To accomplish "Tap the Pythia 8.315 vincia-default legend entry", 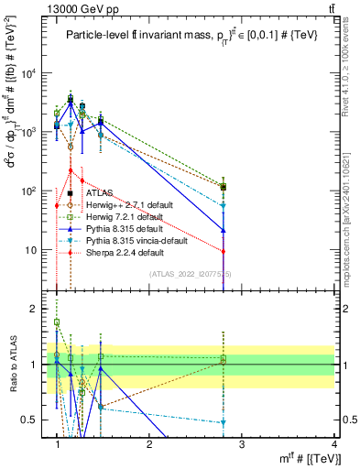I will coord(138,240).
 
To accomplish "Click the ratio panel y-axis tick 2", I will coord(35,309).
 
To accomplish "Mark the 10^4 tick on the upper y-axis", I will coord(28,73).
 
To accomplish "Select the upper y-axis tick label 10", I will coord(30,249).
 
